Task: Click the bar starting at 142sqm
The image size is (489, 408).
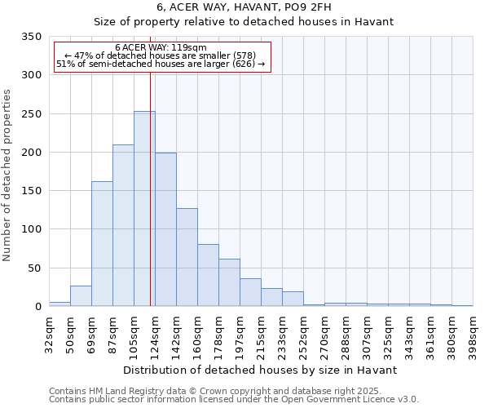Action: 187,257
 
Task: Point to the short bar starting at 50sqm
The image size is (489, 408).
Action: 81,296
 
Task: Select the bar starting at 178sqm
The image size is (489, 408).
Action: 229,282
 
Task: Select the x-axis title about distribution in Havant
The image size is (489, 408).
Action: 261,370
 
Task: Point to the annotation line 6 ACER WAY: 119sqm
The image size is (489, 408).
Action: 161,48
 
